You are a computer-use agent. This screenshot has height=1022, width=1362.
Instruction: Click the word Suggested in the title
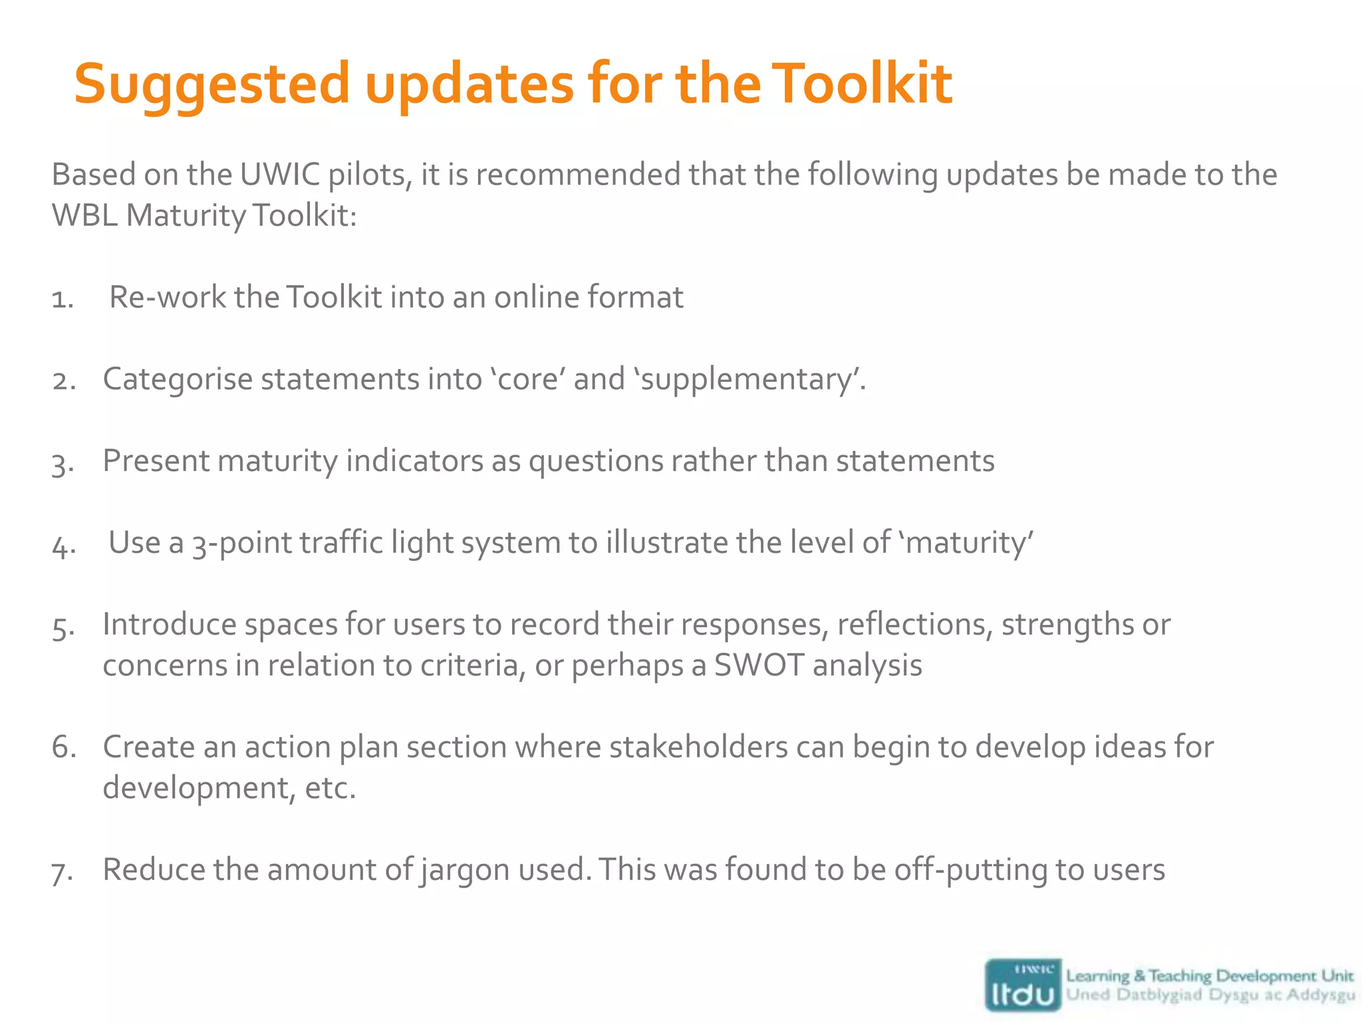pos(211,85)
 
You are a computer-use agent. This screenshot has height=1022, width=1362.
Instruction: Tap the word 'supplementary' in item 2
pos(748,380)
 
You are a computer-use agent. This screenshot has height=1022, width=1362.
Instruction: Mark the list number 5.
pos(63,627)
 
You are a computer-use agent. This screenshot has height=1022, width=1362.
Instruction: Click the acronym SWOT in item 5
pos(759,665)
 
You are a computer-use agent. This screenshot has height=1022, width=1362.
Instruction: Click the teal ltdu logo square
pos(1023,985)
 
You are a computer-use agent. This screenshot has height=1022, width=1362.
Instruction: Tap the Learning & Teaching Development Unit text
pos(1209,976)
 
